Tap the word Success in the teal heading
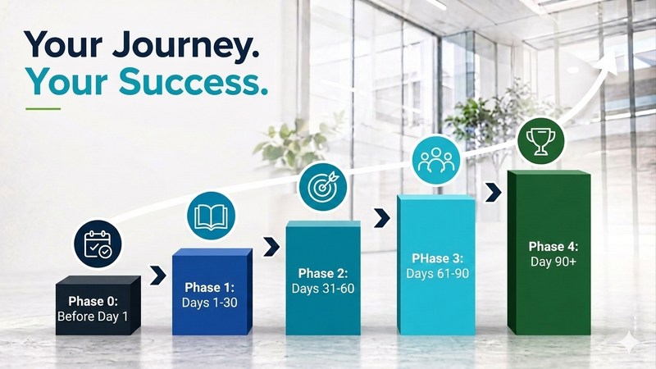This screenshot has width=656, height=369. pyautogui.click(x=193, y=81)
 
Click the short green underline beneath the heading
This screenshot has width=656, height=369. pyautogui.click(x=43, y=109)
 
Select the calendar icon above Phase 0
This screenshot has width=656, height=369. pyautogui.click(x=98, y=244)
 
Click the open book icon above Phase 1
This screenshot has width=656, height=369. pyautogui.click(x=211, y=216)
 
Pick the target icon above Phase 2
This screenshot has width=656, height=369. pyautogui.click(x=322, y=187)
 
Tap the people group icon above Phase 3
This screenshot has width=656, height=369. pyautogui.click(x=436, y=160)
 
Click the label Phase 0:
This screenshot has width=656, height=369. pyautogui.click(x=93, y=301)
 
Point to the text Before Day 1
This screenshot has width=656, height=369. pyautogui.click(x=93, y=317)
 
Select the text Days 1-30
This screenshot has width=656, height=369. pyautogui.click(x=210, y=303)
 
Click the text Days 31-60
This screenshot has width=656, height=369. pyautogui.click(x=323, y=289)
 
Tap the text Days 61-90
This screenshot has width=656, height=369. pyautogui.click(x=438, y=274)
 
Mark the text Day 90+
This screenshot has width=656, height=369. pyautogui.click(x=553, y=262)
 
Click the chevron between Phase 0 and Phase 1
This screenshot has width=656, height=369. pyautogui.click(x=158, y=276)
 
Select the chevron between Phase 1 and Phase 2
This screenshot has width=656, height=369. pyautogui.click(x=271, y=247)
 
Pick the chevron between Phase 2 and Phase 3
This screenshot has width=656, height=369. pyautogui.click(x=381, y=218)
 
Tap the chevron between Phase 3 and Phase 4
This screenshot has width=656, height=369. pyautogui.click(x=494, y=192)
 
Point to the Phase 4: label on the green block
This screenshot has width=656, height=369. pyautogui.click(x=553, y=247)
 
